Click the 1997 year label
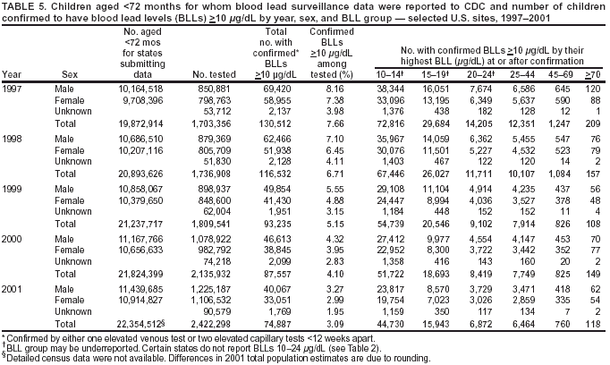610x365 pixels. pos(13,90)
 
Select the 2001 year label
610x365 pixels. pos(13,291)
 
